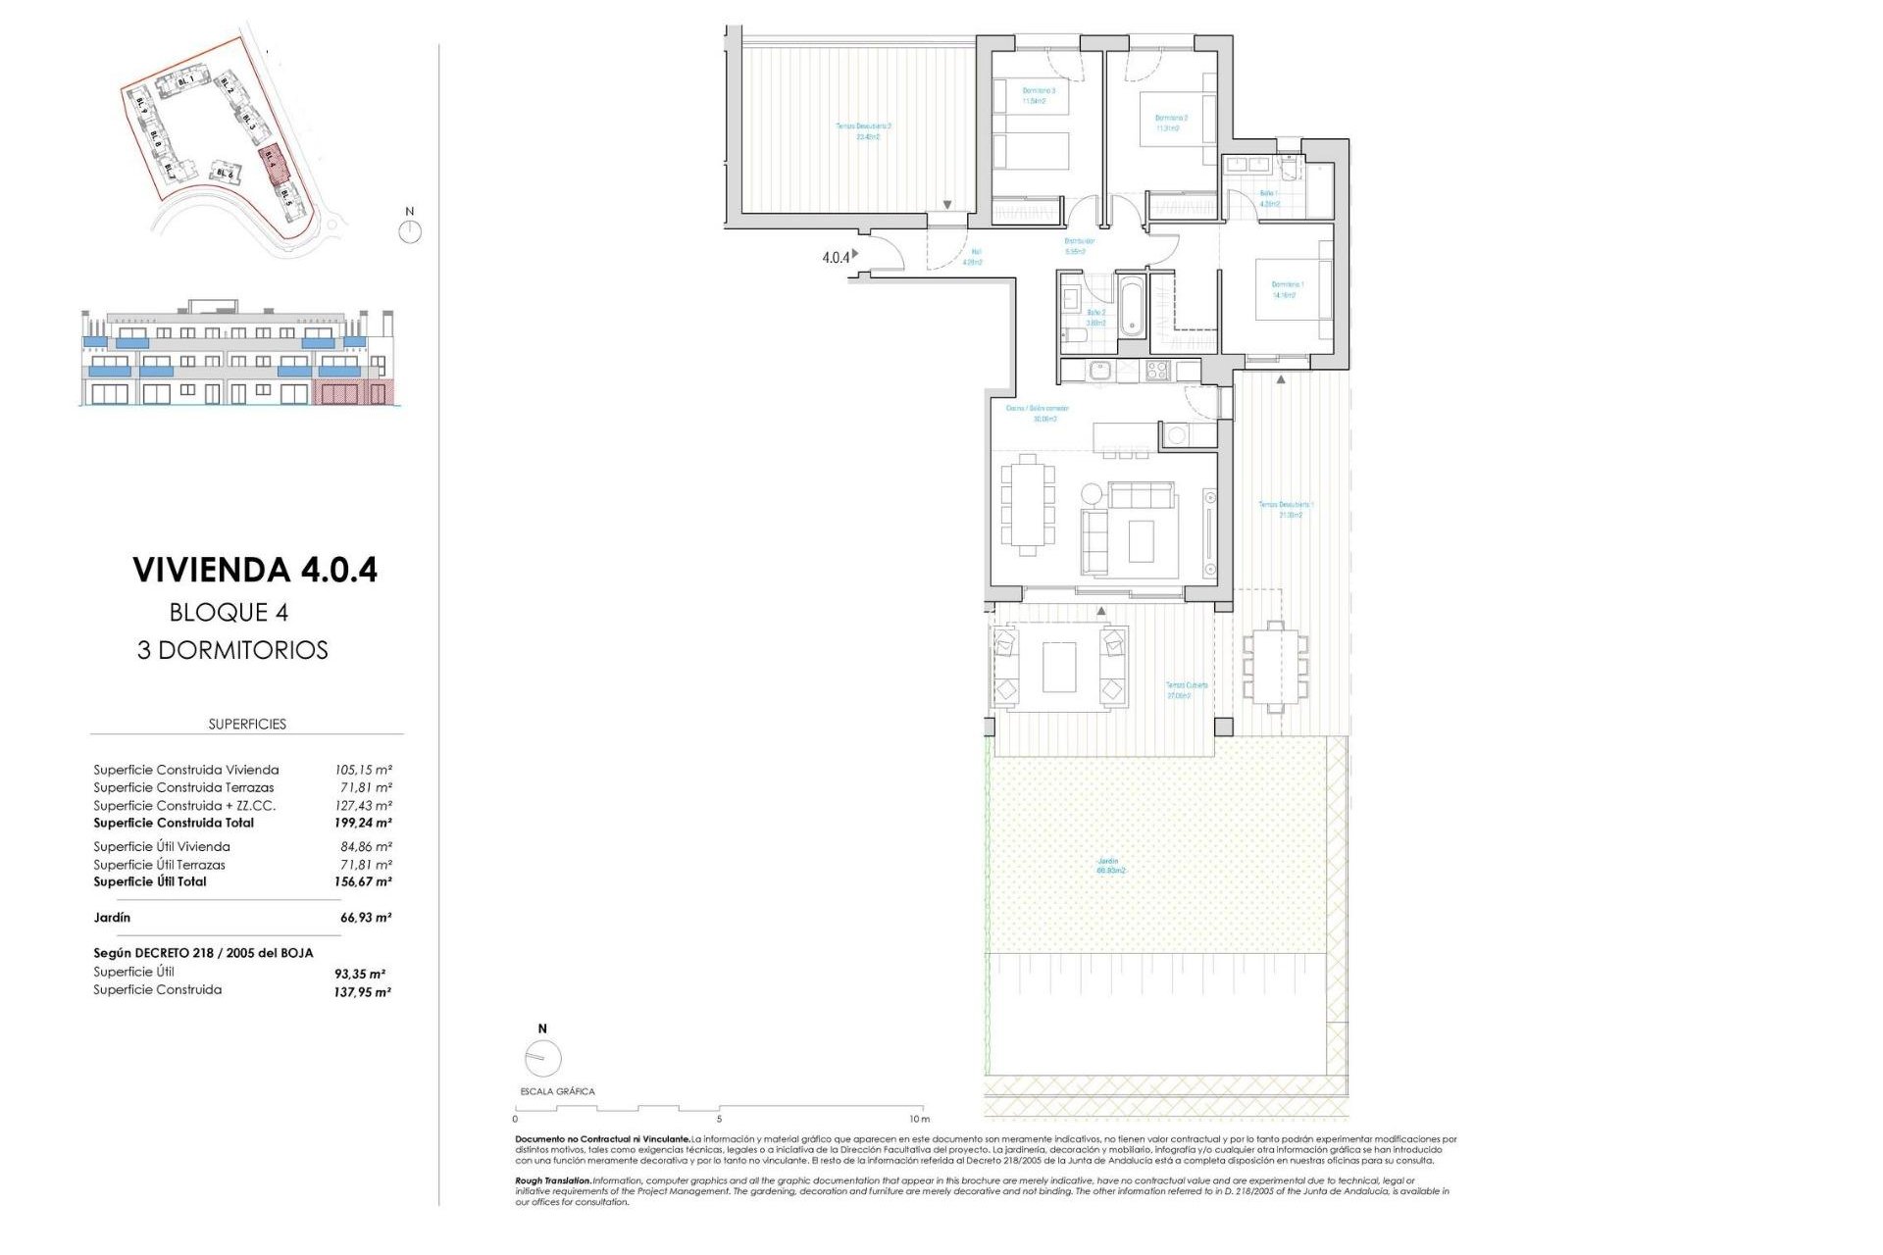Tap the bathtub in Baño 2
coord(1131,305)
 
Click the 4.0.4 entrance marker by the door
coord(836,258)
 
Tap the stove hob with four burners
coord(1157,371)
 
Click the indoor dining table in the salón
coord(1027,505)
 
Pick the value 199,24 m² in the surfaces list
coord(363,824)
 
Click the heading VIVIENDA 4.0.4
coord(255,570)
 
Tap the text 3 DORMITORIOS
coord(232,650)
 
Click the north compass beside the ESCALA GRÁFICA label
coord(542,1058)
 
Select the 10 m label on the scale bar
coord(918,1119)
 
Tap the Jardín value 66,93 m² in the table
coord(365,918)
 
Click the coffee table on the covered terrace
coord(1058,667)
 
